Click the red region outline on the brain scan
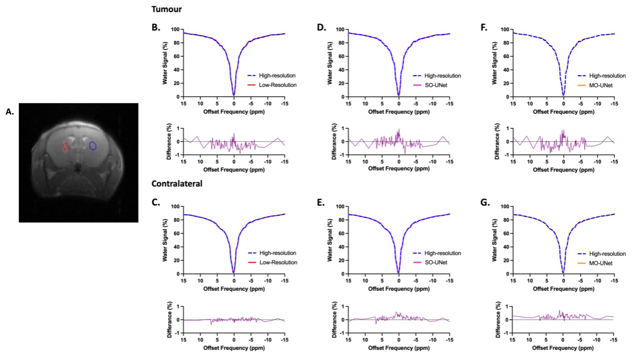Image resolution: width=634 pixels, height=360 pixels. pos(65,147)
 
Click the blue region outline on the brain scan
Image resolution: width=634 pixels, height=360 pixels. pos(92,146)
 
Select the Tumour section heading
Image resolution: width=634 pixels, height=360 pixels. pos(166,9)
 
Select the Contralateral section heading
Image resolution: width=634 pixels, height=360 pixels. pos(177,184)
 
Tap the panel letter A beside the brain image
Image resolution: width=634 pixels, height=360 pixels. pos(9,112)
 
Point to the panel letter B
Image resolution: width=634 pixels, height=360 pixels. pos(156,28)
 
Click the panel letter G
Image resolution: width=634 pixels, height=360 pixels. pos(485,202)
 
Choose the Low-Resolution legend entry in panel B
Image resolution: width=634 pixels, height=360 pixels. pos(278,85)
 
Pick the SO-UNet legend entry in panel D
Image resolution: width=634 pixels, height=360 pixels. pos(436,85)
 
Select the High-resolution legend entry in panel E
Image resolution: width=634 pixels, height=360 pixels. pos(443,253)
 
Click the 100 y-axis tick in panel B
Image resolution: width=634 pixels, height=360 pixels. pos(175,30)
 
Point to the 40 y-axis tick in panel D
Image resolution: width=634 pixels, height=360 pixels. pos(340,70)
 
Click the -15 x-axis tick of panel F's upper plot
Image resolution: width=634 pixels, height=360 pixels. pos(613,104)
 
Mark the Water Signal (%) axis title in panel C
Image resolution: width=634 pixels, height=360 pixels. pos(165,240)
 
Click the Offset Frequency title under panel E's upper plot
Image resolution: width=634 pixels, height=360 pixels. pos(398,289)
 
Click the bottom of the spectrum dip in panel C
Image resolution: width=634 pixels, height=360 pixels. pos(233,272)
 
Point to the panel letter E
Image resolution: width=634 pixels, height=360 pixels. pos(321,202)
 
